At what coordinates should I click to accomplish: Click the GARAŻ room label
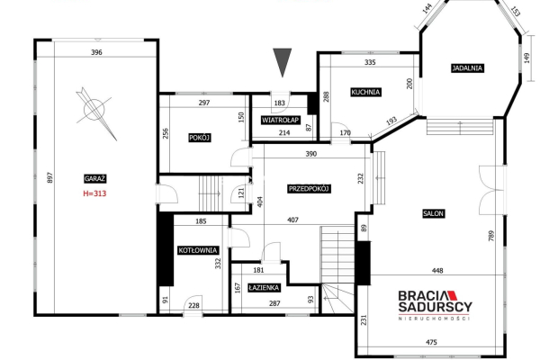(95, 178)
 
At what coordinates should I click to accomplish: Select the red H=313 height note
(94, 193)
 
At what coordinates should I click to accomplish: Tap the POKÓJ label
(200, 138)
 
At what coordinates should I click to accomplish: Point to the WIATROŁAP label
(281, 121)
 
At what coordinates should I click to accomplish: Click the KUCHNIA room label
(365, 92)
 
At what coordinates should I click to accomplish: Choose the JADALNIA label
(467, 67)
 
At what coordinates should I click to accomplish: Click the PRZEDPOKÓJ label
(310, 189)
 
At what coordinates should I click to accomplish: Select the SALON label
(434, 213)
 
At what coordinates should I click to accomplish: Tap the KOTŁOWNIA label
(198, 250)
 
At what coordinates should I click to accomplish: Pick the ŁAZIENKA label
(265, 287)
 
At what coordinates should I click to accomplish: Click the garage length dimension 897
(49, 177)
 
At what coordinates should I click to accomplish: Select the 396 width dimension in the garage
(96, 52)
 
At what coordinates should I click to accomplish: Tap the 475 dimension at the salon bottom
(431, 342)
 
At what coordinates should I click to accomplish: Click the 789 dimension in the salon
(491, 236)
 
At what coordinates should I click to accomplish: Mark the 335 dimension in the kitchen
(370, 62)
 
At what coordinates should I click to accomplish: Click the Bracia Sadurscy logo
(436, 305)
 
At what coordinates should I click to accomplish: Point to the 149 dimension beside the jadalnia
(527, 58)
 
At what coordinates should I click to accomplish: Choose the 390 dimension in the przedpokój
(311, 154)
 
